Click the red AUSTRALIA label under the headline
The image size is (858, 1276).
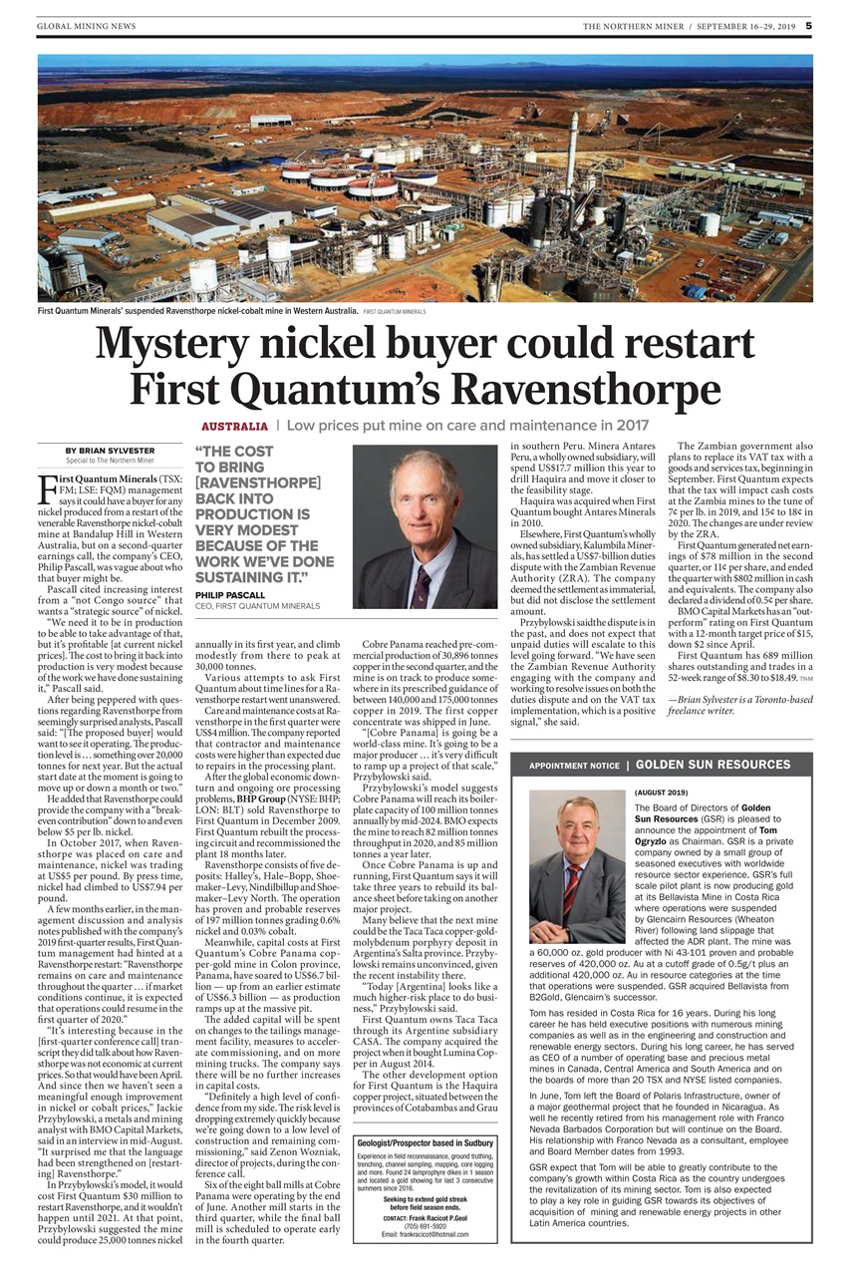click(234, 426)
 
